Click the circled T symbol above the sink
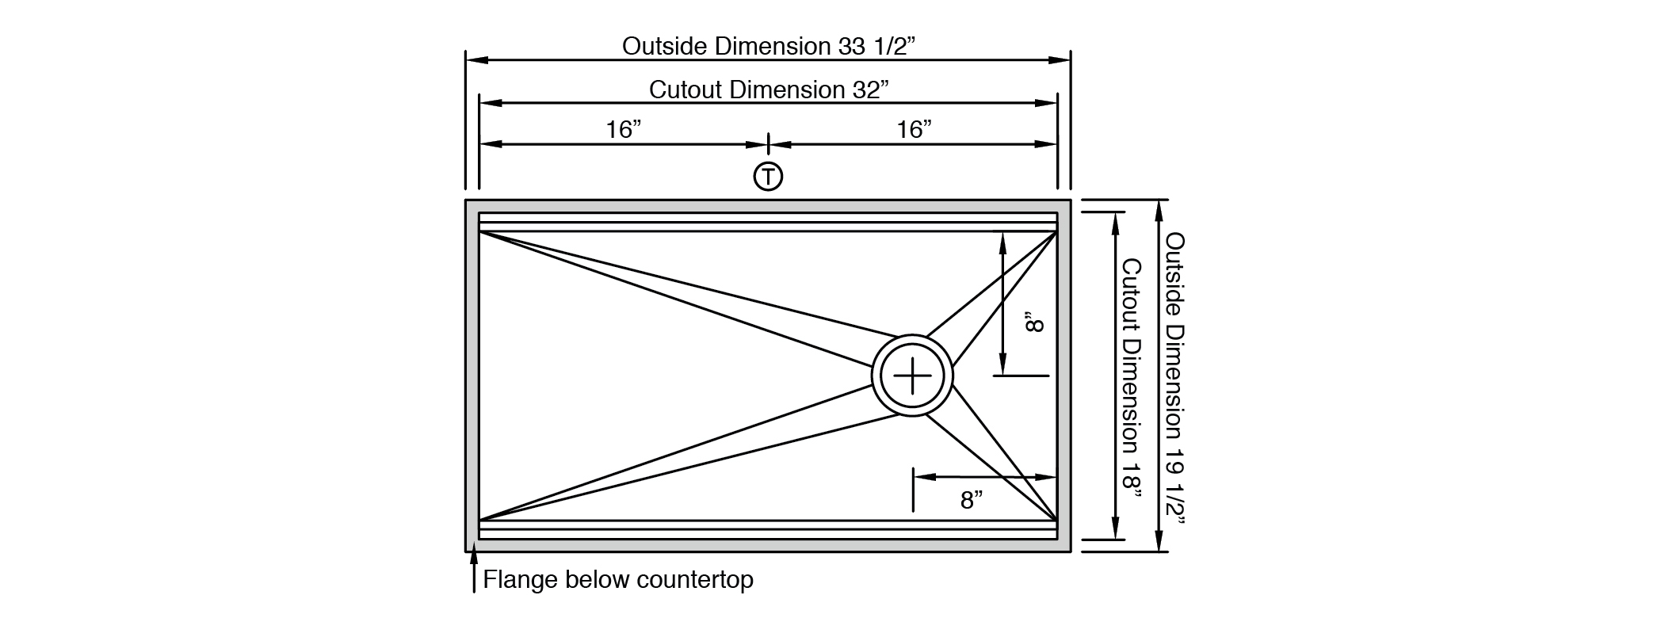pyautogui.click(x=768, y=176)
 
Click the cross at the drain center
pyautogui.click(x=912, y=376)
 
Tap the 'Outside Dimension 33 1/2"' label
pyautogui.click(x=768, y=46)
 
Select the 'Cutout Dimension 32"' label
pyautogui.click(x=768, y=90)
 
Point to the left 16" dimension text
pyautogui.click(x=624, y=129)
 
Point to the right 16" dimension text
pyautogui.click(x=914, y=129)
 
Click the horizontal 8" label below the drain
pyautogui.click(x=972, y=500)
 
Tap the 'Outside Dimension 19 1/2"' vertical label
pyautogui.click(x=1175, y=379)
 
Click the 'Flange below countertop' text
pyautogui.click(x=618, y=580)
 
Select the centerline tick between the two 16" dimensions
pyautogui.click(x=768, y=144)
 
